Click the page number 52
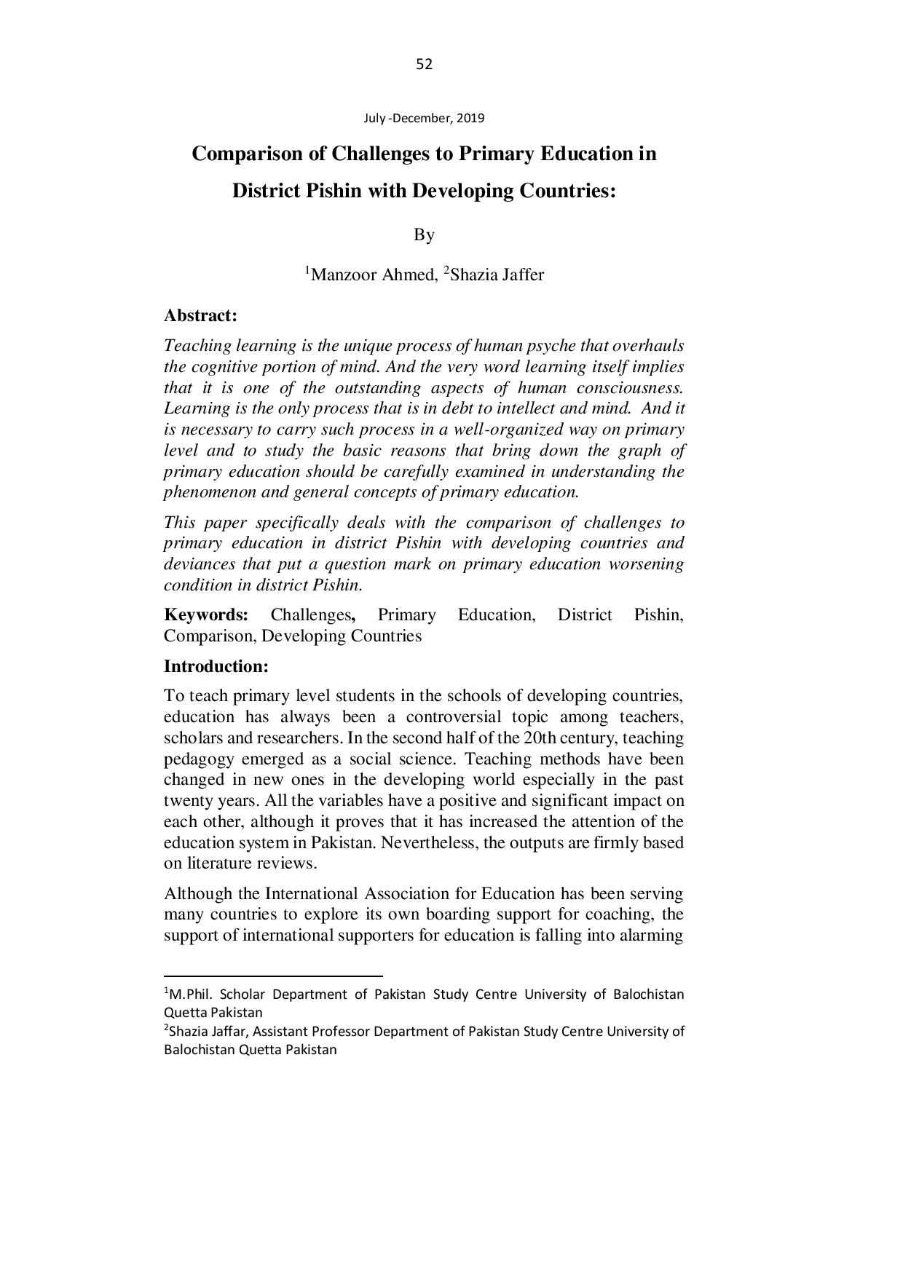click(x=424, y=65)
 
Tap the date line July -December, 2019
click(x=424, y=118)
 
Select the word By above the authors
click(x=424, y=234)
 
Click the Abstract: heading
click(x=200, y=316)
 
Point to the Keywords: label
click(x=206, y=615)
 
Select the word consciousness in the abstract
click(x=630, y=388)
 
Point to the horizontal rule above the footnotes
click(x=273, y=976)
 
